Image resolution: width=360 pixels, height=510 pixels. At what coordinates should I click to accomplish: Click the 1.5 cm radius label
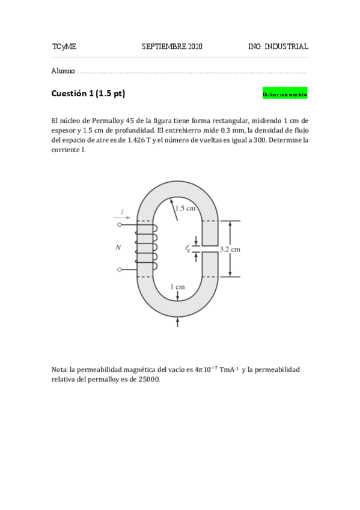click(x=185, y=209)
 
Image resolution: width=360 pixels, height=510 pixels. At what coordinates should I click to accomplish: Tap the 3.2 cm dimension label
click(x=231, y=249)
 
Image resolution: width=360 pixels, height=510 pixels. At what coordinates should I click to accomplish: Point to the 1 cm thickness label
click(x=177, y=287)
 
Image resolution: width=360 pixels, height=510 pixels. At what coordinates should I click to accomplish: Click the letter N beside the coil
click(x=118, y=247)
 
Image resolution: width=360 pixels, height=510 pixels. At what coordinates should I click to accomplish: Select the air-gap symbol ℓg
click(x=188, y=248)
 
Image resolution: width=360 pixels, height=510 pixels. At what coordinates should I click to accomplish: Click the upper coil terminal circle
click(x=120, y=225)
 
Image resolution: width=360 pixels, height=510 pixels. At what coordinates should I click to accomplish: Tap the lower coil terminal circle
click(x=120, y=269)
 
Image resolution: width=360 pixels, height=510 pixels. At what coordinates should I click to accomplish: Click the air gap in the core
click(x=209, y=249)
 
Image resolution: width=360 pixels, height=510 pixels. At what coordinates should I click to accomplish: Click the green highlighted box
click(x=285, y=94)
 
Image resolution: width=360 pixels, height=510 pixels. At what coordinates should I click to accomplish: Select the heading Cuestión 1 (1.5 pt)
click(x=88, y=94)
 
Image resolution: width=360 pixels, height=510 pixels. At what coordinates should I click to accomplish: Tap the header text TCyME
click(x=64, y=46)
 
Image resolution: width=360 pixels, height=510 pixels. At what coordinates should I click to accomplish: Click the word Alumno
click(x=63, y=71)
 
